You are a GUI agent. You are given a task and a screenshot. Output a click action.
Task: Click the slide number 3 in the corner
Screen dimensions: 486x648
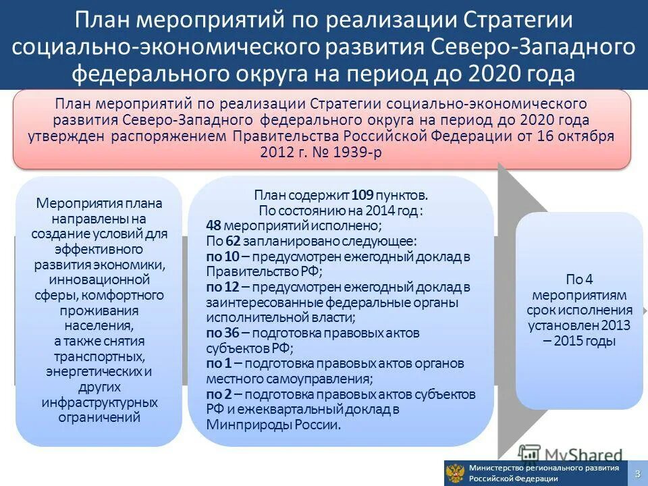637,474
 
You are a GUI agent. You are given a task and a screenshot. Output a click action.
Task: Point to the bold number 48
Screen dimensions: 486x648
213,225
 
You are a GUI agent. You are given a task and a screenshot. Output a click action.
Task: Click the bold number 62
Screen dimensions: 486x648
233,240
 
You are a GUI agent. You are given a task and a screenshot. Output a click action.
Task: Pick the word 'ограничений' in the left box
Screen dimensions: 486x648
99,417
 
